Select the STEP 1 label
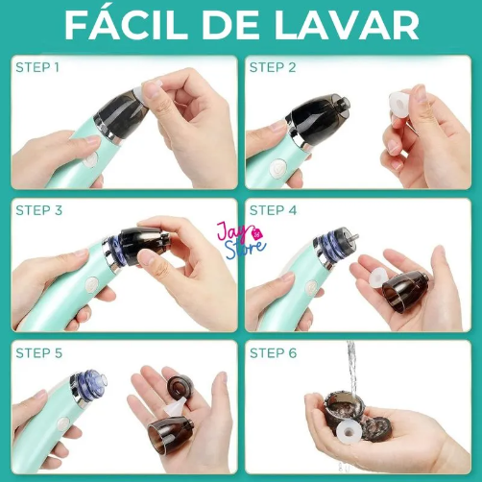(x=37, y=67)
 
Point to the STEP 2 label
(x=274, y=67)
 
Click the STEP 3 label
(x=38, y=210)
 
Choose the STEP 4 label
(x=274, y=210)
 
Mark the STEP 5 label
(x=38, y=352)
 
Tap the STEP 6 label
(x=274, y=352)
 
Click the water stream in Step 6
(x=352, y=370)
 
